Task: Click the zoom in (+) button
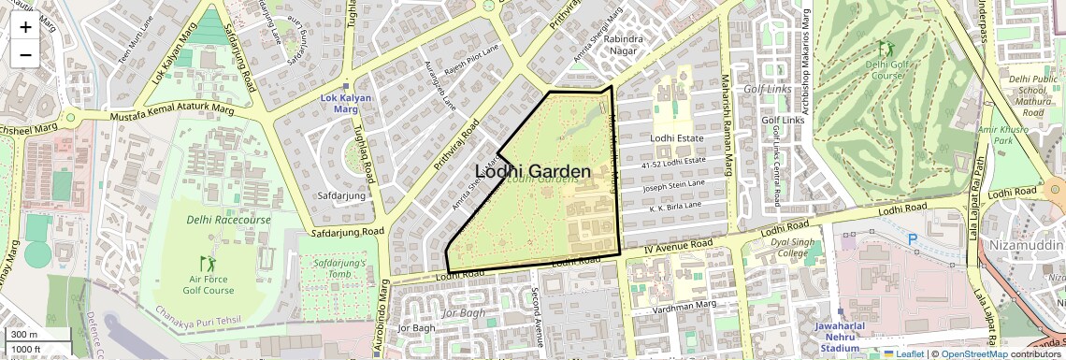click(x=25, y=27)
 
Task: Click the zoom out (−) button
click(x=25, y=54)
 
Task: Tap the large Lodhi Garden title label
click(x=533, y=171)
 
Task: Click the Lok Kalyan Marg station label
click(x=346, y=103)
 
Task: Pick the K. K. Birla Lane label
click(x=675, y=205)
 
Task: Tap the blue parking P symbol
click(x=913, y=239)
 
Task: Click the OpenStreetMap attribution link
click(x=974, y=353)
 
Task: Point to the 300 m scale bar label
click(x=24, y=335)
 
